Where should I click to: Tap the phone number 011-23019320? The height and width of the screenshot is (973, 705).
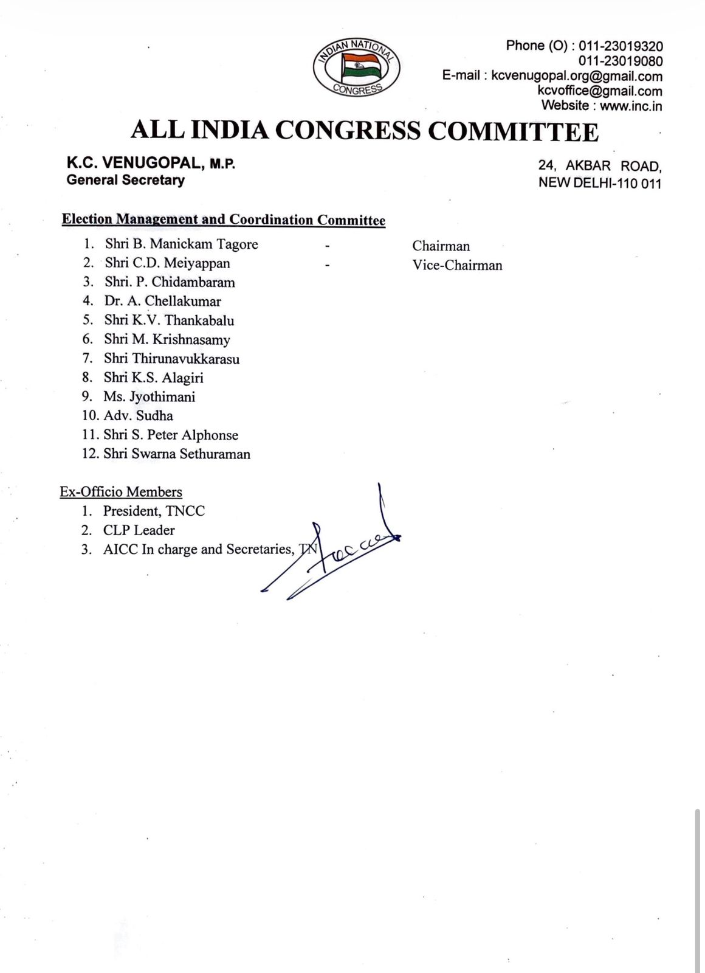621,46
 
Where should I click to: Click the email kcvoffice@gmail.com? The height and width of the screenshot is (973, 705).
600,91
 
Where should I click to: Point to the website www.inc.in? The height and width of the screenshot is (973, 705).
631,106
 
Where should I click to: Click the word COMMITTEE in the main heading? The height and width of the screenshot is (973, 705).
514,131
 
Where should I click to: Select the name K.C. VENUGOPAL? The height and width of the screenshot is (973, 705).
134,164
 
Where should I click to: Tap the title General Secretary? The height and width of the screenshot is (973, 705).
125,180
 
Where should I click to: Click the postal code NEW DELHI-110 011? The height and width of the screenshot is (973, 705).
600,183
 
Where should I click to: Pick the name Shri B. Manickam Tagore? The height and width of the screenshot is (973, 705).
181,244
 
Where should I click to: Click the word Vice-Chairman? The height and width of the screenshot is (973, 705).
457,265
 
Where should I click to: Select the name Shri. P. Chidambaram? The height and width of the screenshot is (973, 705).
170,282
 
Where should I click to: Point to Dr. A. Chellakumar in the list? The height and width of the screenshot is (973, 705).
162,301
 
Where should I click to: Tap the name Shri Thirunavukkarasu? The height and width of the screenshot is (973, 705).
171,359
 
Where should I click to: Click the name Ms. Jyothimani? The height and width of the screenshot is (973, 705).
150,397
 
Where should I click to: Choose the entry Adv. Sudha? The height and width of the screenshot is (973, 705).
139,416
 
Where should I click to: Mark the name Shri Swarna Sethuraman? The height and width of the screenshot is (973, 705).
177,454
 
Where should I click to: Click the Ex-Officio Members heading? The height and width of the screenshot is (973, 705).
121,492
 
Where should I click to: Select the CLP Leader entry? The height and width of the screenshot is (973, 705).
139,530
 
